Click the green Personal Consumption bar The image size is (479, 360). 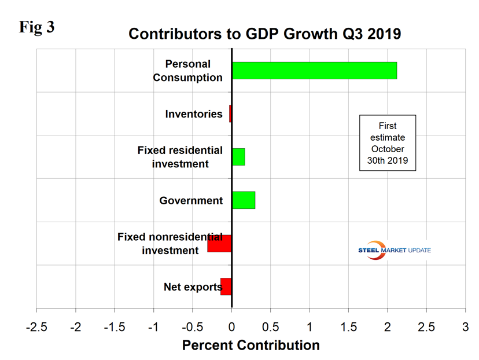tap(314, 71)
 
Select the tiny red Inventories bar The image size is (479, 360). tap(230, 113)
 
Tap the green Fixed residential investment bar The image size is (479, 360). tap(238, 157)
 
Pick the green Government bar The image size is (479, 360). tap(244, 200)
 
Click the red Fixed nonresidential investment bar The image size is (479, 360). tap(220, 244)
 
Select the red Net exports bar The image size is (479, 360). tap(226, 286)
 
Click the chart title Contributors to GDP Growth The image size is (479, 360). tap(264, 34)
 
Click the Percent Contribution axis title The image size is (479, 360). tap(250, 346)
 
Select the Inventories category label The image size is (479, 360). tap(194, 114)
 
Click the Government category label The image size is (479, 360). tap(191, 201)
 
